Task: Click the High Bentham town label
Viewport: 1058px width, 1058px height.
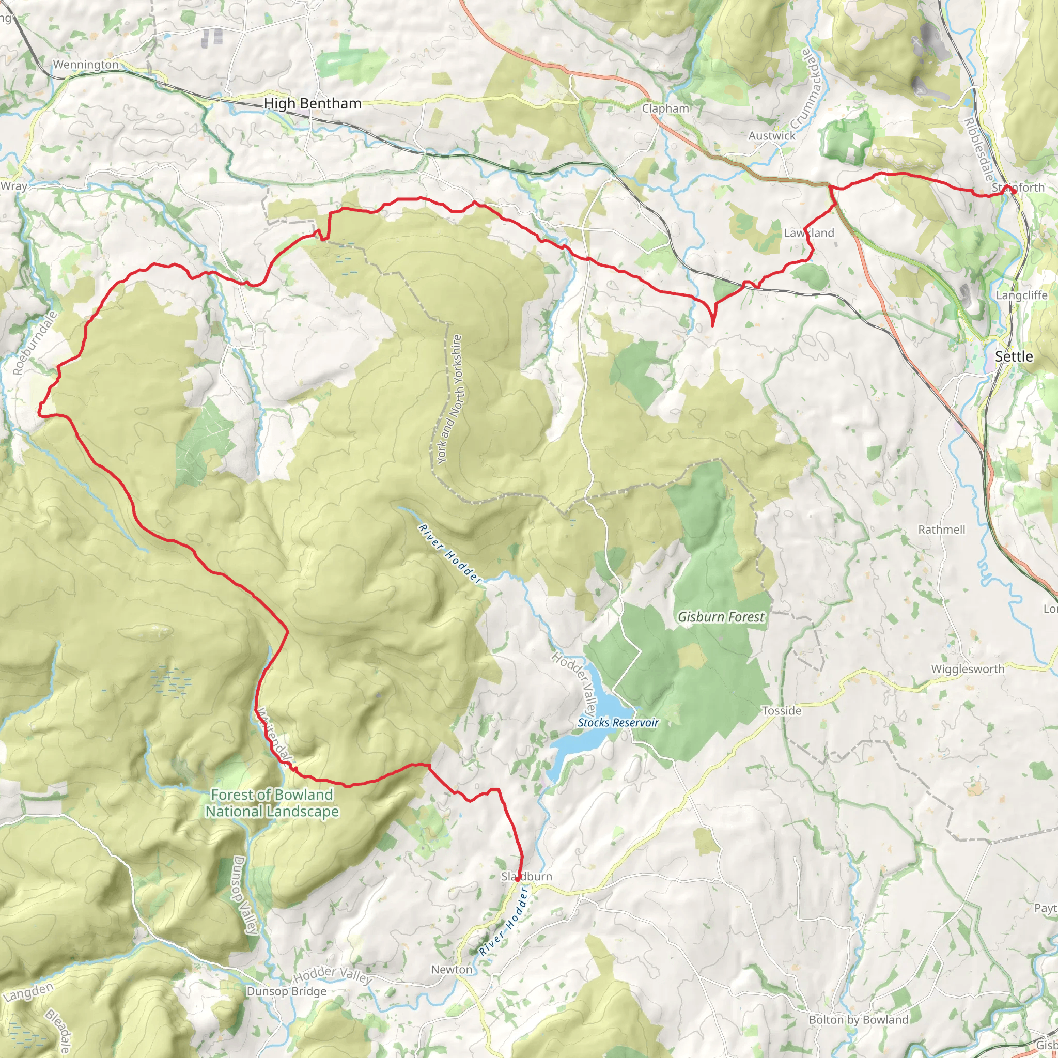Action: [312, 103]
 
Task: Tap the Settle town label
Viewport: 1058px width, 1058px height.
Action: [1014, 356]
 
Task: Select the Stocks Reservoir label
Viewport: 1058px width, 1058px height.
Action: [618, 722]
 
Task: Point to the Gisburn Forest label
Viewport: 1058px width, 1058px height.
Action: [721, 617]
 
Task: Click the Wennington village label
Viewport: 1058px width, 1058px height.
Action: [85, 65]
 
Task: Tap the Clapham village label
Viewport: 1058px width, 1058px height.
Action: [665, 108]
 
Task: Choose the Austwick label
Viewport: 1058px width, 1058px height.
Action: [772, 135]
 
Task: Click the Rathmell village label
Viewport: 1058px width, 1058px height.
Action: [941, 530]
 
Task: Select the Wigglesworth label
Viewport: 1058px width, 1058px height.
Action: [968, 668]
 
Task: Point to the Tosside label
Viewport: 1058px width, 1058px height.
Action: [782, 710]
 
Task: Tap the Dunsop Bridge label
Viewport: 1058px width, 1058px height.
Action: [286, 991]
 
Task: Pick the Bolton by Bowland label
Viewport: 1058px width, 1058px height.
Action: [858, 1020]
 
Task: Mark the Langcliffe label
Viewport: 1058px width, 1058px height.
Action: [1021, 295]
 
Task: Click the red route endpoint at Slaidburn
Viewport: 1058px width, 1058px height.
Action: [518, 879]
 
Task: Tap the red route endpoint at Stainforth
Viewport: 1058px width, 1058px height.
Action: [1013, 191]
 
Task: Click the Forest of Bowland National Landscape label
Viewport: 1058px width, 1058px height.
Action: [272, 803]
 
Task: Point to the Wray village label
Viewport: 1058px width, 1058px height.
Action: [14, 186]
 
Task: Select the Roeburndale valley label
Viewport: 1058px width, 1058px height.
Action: [35, 344]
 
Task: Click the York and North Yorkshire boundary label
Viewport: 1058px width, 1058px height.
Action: [450, 399]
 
